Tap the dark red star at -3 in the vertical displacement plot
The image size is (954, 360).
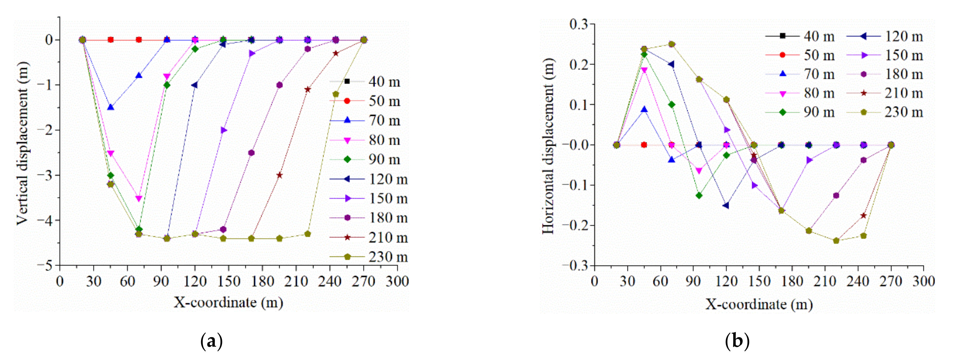pyautogui.click(x=279, y=175)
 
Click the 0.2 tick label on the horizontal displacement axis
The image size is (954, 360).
pyautogui.click(x=579, y=64)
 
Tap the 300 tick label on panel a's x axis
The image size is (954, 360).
pyautogui.click(x=397, y=282)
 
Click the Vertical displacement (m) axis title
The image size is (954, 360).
pyautogui.click(x=22, y=143)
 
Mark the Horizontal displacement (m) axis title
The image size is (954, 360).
pyautogui.click(x=548, y=146)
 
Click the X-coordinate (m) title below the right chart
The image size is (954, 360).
pyautogui.click(x=759, y=304)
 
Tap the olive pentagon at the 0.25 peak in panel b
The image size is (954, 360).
pyautogui.click(x=671, y=44)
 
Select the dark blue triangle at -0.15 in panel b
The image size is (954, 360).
pyautogui.click(x=726, y=205)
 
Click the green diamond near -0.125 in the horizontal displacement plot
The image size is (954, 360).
pyautogui.click(x=699, y=195)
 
